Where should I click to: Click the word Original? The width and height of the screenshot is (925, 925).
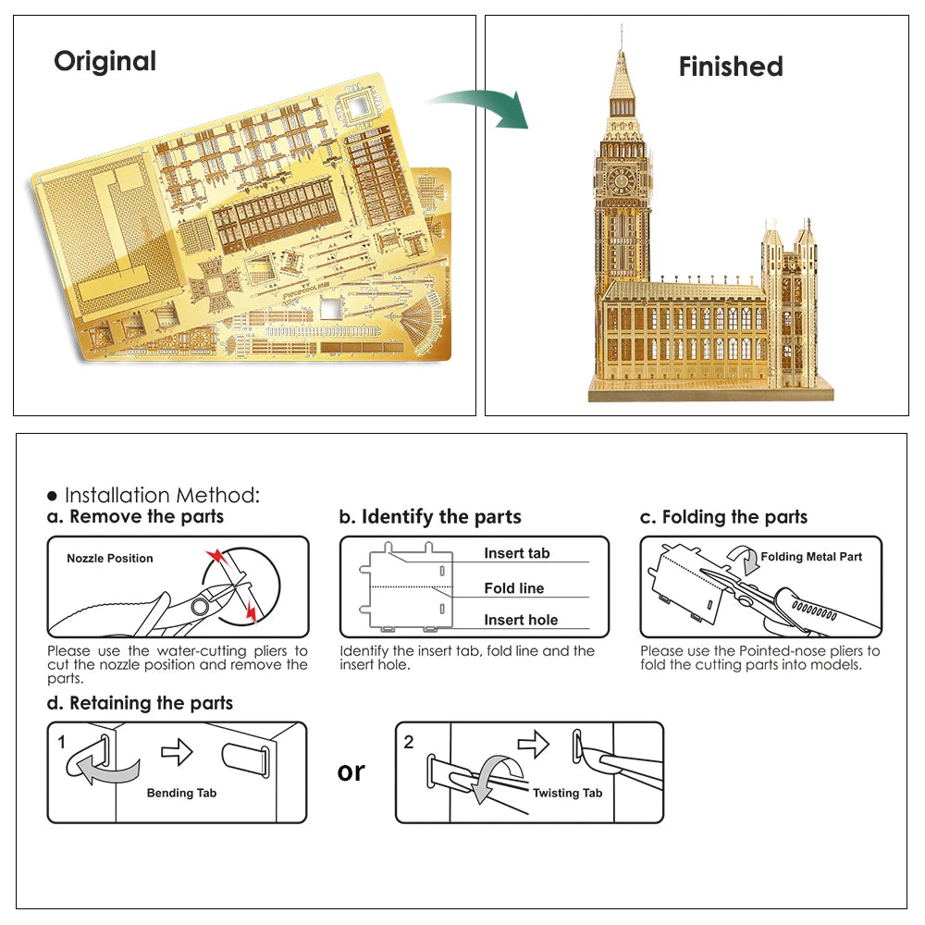pos(105,61)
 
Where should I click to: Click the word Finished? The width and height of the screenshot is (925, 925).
pos(731,67)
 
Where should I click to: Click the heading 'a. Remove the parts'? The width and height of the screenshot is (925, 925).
pos(136,517)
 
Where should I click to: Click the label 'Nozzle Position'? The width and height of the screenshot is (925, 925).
pos(110,559)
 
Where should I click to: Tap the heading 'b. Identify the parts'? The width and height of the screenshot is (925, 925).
pos(430,517)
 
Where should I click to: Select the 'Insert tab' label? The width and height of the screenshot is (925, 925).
pos(516,553)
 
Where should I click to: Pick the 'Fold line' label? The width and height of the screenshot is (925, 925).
pos(514,588)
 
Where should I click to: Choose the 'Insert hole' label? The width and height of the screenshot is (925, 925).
pos(521,620)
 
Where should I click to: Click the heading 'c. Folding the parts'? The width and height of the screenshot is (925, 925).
pos(723,517)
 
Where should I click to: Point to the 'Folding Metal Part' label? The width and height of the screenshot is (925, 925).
pos(811,557)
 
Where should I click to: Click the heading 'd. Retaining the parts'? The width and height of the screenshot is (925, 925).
pos(140,703)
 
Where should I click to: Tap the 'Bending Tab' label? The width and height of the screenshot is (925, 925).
pos(181,793)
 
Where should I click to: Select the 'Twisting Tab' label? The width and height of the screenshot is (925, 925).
pos(567,793)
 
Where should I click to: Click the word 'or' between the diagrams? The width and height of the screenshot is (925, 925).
pos(351,771)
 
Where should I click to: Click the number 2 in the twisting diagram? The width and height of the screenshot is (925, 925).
pos(409,742)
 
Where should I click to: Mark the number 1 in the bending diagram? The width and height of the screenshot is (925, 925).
pos(62,742)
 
